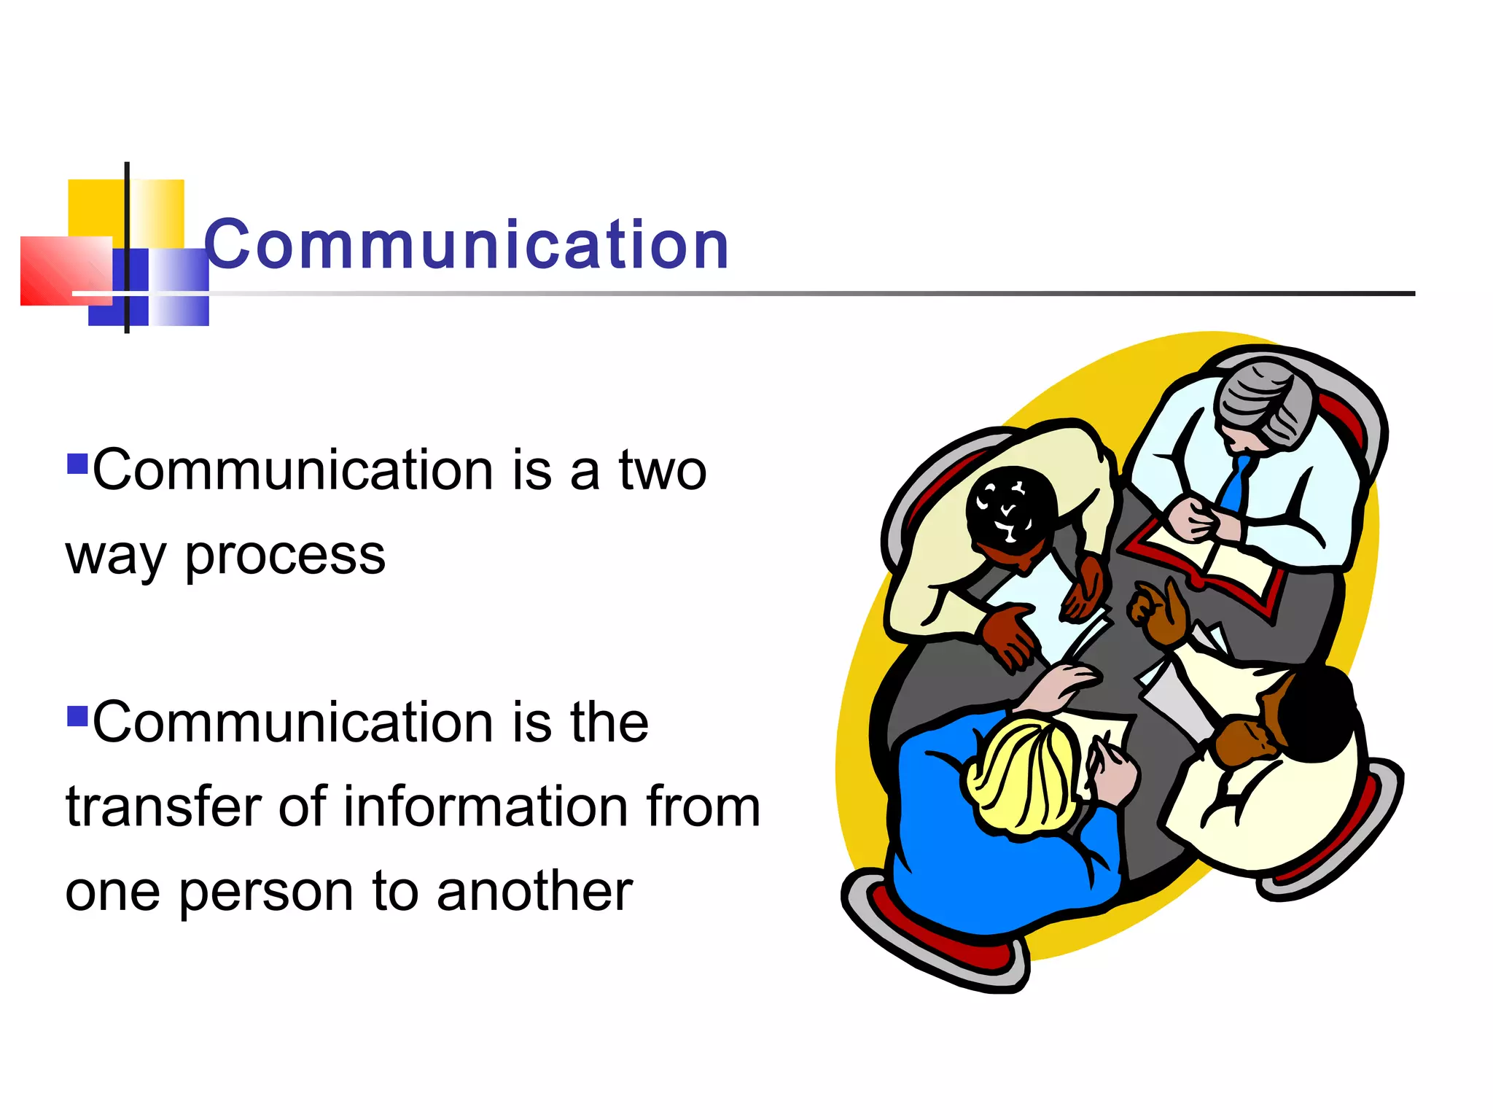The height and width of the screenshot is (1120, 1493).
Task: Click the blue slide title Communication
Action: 467,245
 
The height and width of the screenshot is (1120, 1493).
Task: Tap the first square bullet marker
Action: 77,464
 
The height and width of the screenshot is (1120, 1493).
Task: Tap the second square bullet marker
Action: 77,716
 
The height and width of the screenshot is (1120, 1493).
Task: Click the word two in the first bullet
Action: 662,471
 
